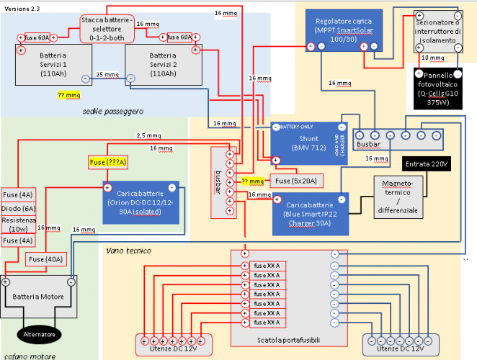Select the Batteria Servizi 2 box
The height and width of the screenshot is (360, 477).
(162, 65)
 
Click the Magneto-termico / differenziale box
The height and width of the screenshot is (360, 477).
(401, 197)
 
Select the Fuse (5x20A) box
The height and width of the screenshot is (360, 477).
(295, 180)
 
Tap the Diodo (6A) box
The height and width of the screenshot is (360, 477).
(18, 208)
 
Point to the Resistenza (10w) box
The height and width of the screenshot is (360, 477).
(18, 224)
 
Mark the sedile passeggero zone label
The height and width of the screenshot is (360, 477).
(112, 111)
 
